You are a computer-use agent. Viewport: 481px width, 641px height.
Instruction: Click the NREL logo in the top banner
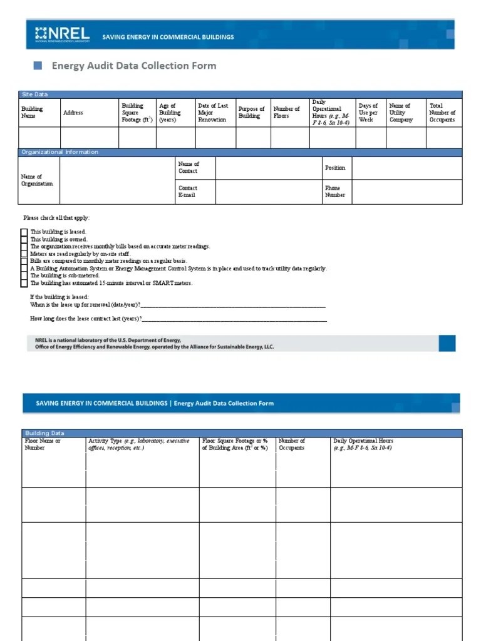coord(63,34)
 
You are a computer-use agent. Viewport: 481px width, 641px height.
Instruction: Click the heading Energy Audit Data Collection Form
coord(133,65)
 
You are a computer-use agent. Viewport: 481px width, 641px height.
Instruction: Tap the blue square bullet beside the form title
coord(37,65)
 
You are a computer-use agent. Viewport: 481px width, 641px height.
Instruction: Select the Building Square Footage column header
coord(137,113)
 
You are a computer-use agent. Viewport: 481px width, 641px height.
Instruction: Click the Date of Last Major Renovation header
coord(213,113)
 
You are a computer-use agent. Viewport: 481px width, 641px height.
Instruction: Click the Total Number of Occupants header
coord(442,113)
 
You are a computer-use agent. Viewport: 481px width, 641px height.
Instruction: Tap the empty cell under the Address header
coord(89,137)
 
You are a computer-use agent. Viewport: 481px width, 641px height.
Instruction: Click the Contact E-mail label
coord(188,192)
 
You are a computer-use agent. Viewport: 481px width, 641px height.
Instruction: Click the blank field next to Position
coord(407,168)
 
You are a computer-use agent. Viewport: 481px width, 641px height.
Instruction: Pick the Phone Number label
coord(334,192)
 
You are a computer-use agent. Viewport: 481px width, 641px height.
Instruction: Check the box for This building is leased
coord(24,232)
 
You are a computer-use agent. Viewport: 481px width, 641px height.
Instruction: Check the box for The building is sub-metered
coord(24,275)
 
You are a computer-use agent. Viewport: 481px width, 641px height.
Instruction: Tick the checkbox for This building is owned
coord(24,239)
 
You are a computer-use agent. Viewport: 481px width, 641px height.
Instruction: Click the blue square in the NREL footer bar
coord(447,343)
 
